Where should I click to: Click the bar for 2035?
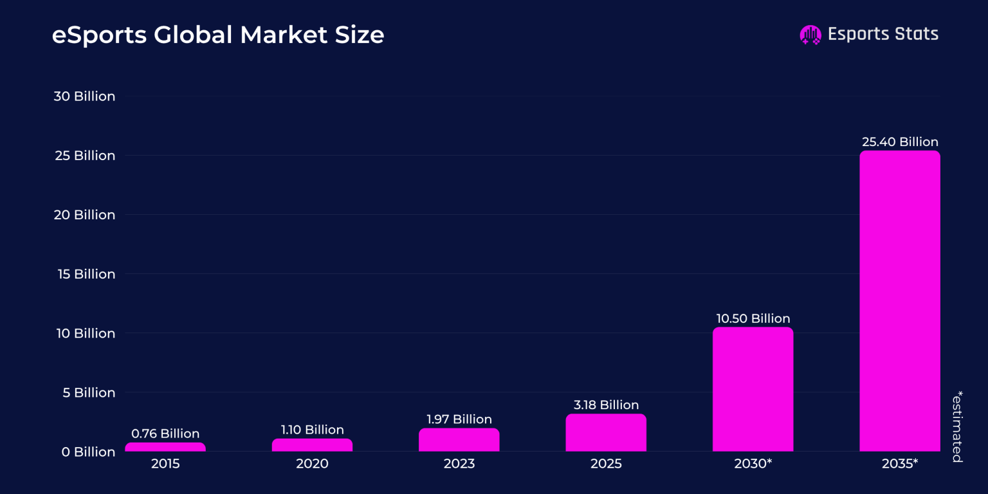click(899, 301)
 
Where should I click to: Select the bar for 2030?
click(753, 389)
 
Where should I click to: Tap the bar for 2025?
click(606, 433)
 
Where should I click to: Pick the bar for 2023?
click(459, 440)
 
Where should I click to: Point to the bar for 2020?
click(312, 445)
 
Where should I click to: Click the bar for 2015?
click(165, 447)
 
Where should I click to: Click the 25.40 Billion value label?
click(899, 142)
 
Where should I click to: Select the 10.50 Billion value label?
click(753, 318)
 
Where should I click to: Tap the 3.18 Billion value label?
click(606, 405)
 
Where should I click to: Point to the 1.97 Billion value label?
click(459, 419)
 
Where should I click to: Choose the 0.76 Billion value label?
click(165, 434)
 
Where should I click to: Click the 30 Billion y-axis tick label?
click(84, 96)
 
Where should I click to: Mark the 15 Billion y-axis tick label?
click(84, 274)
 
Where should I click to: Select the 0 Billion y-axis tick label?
click(88, 452)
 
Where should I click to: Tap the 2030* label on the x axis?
click(753, 464)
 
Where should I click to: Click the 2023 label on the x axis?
click(459, 464)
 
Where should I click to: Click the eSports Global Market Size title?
click(217, 35)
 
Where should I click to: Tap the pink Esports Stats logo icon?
click(810, 35)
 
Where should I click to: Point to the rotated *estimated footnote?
click(957, 426)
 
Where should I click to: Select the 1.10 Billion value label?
click(312, 430)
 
